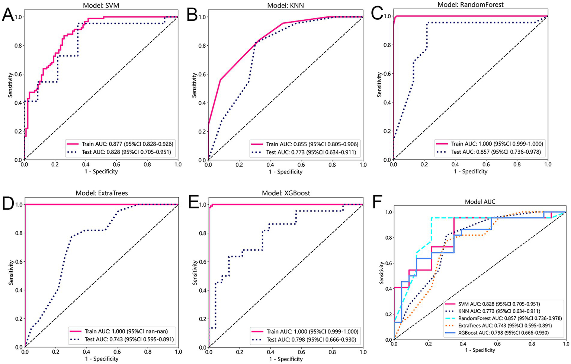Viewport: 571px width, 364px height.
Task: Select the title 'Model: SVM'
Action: click(101, 6)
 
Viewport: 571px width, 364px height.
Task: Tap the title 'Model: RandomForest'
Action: click(470, 5)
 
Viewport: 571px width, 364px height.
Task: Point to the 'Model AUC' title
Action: click(480, 202)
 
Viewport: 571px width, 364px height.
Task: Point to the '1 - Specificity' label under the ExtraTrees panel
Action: click(102, 359)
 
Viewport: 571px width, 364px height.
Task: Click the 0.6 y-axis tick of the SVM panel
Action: click(16, 74)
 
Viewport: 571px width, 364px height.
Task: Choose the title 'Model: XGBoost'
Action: click(286, 193)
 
